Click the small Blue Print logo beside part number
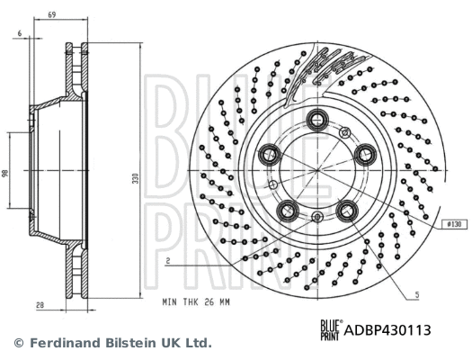tap(331, 329)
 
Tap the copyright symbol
tap(17, 343)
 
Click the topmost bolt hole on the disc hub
tap(317, 120)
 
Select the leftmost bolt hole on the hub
tap(269, 155)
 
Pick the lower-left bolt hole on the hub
tap(287, 211)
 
